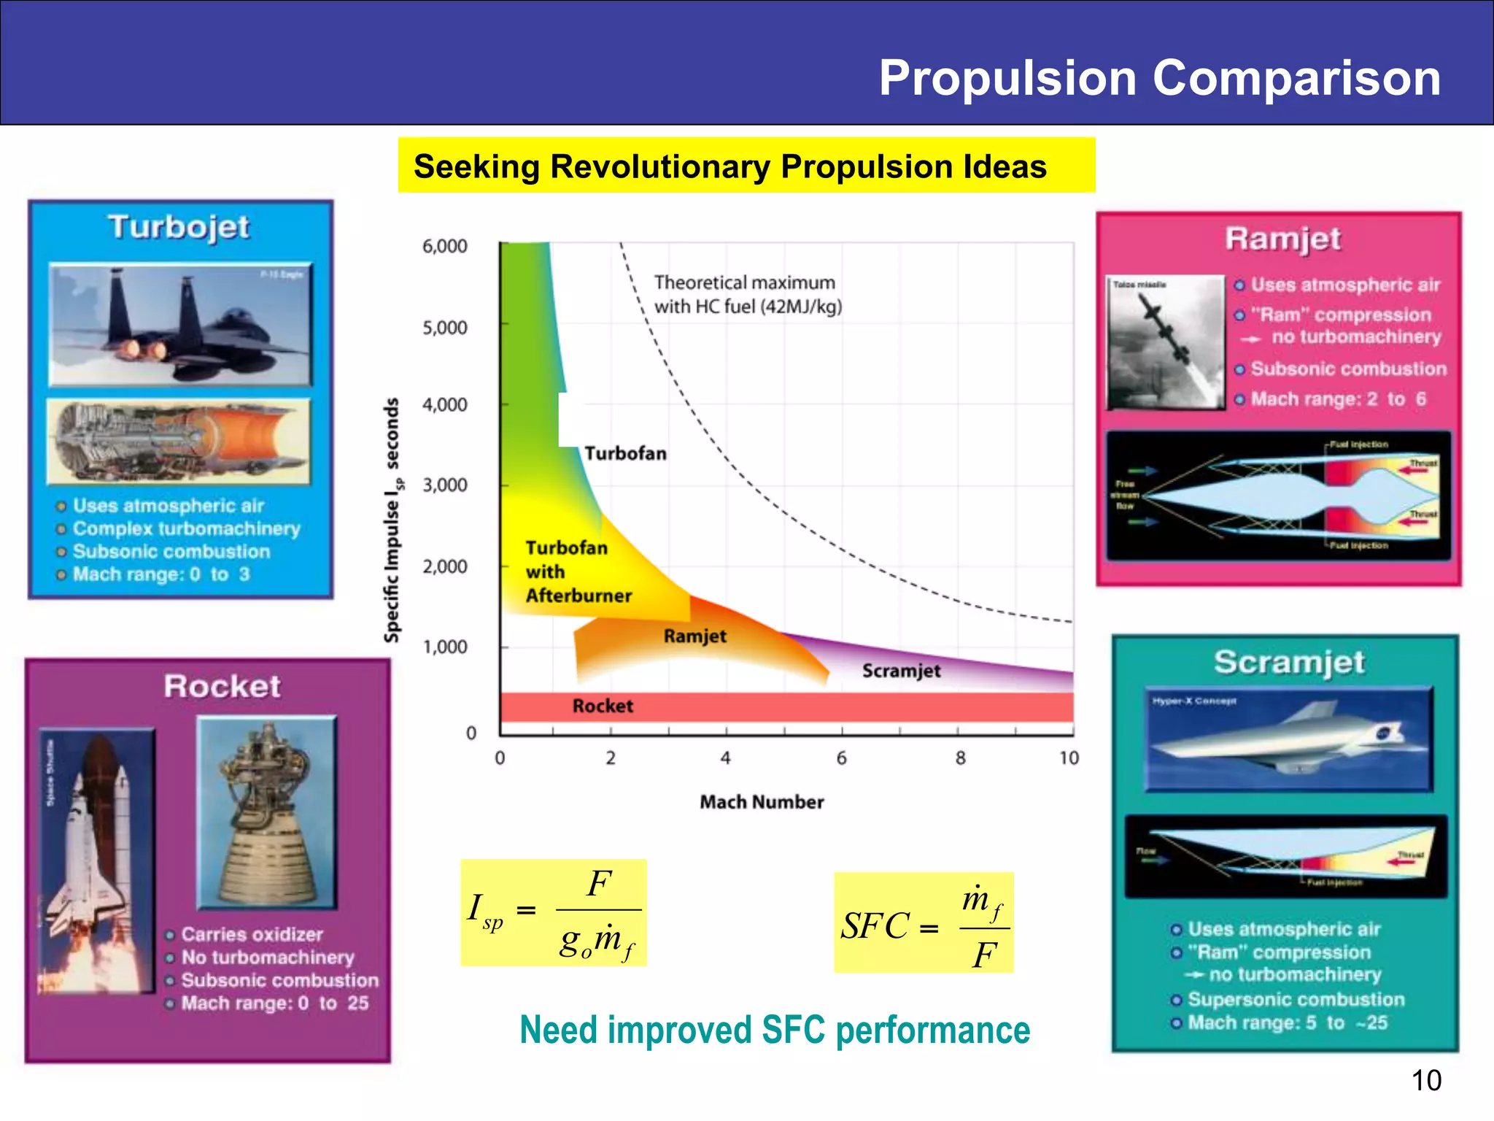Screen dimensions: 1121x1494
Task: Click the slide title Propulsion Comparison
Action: pos(1159,77)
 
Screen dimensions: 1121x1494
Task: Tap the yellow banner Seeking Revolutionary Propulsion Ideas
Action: pos(746,166)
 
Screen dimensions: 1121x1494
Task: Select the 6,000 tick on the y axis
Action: pos(445,247)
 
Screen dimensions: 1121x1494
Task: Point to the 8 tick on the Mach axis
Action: pos(960,758)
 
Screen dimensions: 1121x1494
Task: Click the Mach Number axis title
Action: pos(762,802)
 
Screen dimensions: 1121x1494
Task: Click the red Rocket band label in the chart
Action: pos(603,706)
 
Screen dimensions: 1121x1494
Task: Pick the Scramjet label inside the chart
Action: pos(901,671)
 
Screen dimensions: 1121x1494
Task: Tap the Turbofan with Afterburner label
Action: pos(578,571)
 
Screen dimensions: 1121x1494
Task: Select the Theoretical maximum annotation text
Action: pos(747,294)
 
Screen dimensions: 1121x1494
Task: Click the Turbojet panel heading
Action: pos(179,227)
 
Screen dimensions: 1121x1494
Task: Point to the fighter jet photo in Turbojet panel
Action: pos(180,325)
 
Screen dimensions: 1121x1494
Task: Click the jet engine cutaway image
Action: pos(179,442)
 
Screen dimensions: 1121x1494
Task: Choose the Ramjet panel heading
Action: pos(1282,239)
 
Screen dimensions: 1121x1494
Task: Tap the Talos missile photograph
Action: pos(1165,342)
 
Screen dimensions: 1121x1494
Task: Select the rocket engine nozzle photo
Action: pos(267,812)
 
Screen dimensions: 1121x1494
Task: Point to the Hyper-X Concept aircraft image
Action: pos(1288,739)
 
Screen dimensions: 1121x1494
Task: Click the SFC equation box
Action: pos(924,922)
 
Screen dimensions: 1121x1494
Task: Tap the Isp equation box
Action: pos(553,913)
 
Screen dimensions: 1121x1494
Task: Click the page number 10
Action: pos(1426,1080)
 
